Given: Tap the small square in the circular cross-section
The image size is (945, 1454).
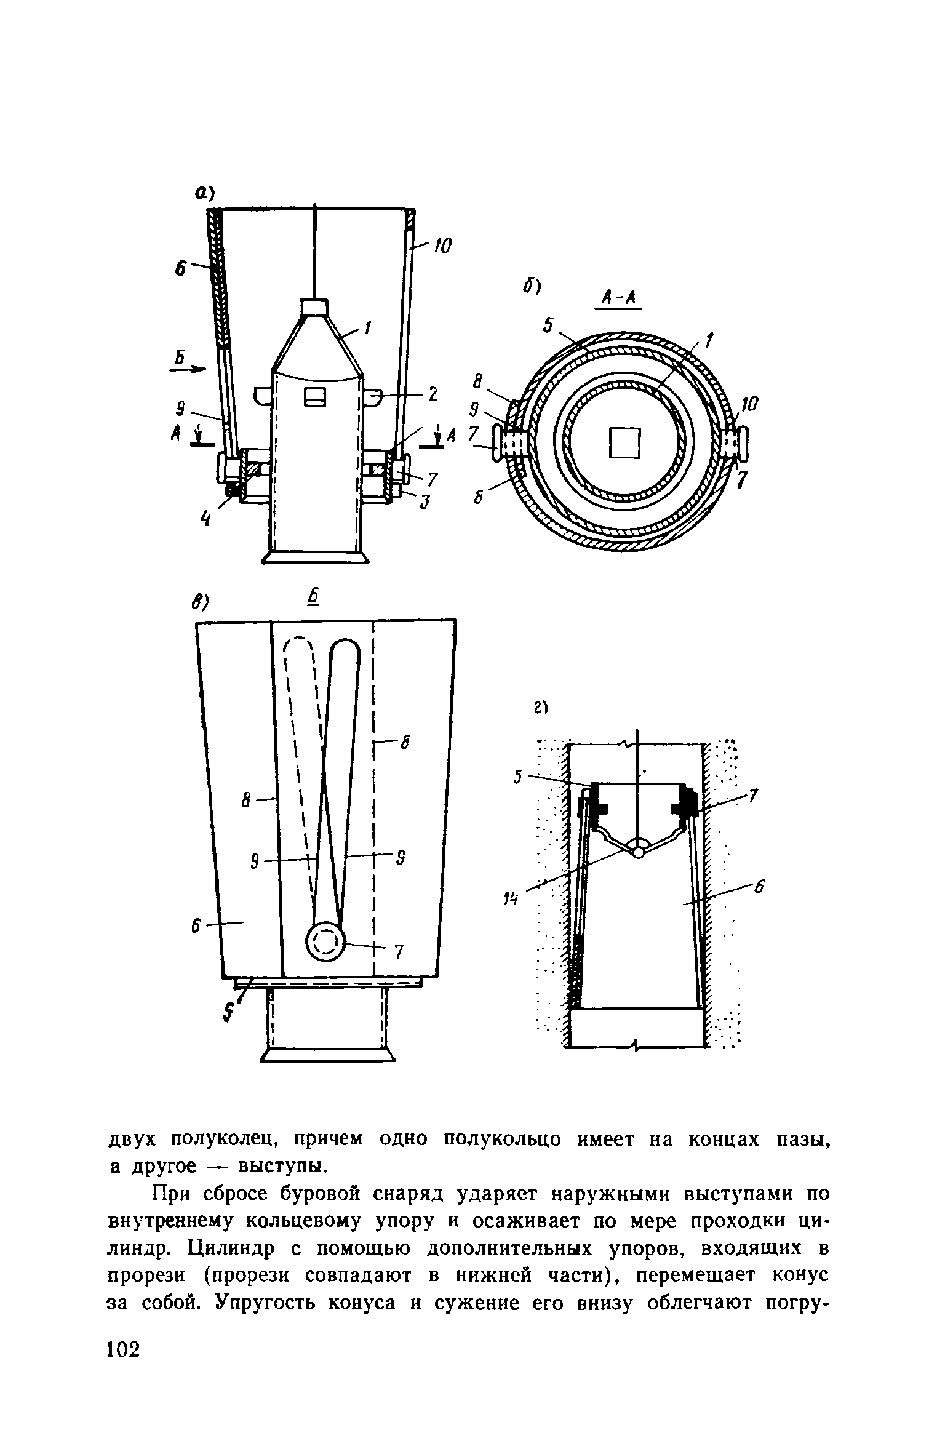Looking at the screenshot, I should point(625,443).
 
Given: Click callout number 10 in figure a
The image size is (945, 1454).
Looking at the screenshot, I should point(442,247).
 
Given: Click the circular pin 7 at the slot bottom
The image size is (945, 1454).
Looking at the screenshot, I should point(325,941).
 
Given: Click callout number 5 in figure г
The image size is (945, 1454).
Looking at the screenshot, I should point(518,778).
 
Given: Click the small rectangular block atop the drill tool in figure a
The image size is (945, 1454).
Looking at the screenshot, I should point(314,307).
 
